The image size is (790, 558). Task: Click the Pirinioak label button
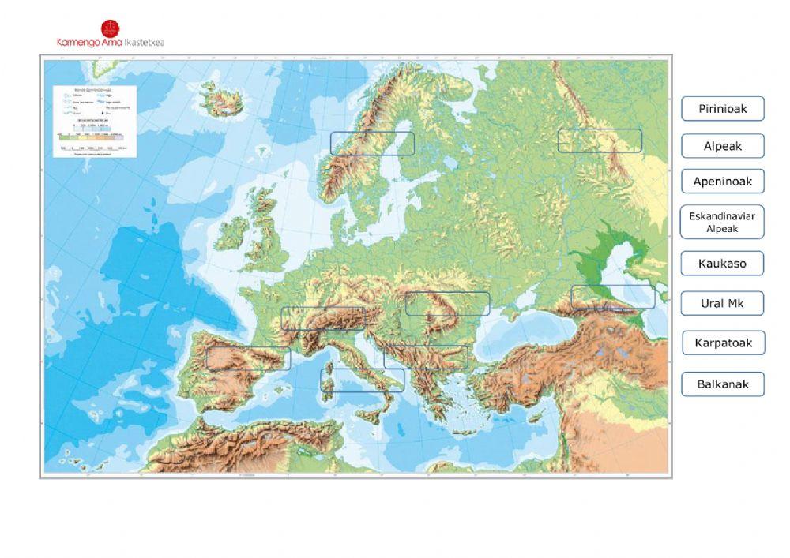click(x=722, y=109)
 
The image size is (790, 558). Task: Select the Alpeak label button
click(x=722, y=146)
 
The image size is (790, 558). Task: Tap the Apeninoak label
click(x=722, y=182)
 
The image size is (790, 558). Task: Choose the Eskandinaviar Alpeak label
click(x=722, y=222)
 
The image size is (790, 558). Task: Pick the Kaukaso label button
click(x=722, y=264)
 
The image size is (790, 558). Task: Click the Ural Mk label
click(x=722, y=303)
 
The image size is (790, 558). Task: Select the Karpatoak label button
click(x=722, y=343)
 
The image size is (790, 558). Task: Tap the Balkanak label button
click(x=722, y=384)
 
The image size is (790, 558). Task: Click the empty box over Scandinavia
click(x=372, y=143)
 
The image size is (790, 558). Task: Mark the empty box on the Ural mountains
click(x=600, y=140)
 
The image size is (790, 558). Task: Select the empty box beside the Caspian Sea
click(x=613, y=297)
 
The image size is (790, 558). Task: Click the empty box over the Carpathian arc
click(x=447, y=304)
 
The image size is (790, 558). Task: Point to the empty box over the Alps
click(x=323, y=319)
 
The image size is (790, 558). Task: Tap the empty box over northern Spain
click(x=248, y=358)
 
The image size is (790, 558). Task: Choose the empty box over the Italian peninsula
click(x=363, y=380)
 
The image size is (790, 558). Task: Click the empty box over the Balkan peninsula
click(x=426, y=357)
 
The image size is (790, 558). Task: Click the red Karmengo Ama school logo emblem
click(x=111, y=28)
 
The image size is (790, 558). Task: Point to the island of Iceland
click(x=217, y=99)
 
